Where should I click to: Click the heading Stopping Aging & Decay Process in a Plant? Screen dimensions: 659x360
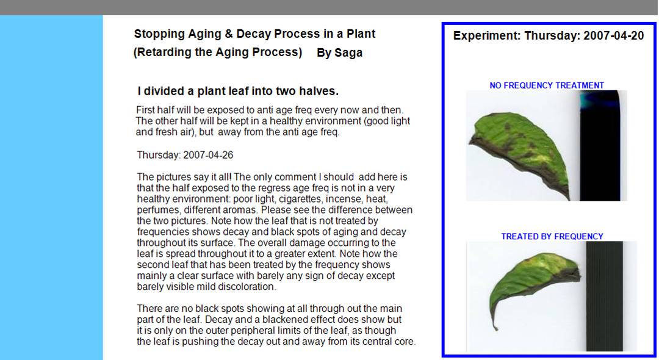tap(254, 34)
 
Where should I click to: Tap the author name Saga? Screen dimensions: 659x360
tap(348, 53)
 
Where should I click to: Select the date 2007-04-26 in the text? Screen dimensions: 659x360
tap(208, 155)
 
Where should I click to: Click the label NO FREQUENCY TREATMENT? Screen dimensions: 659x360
tap(547, 85)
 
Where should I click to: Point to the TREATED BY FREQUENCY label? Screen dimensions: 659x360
tap(552, 237)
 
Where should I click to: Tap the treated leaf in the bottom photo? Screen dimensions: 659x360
tap(534, 286)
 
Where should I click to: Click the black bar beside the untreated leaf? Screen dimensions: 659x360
tap(600, 145)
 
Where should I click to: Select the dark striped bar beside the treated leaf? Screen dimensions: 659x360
tap(604, 296)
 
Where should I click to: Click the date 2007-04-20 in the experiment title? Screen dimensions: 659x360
tap(614, 36)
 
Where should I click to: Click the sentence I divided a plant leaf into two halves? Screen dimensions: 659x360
tap(238, 91)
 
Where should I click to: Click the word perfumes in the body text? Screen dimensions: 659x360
tap(156, 210)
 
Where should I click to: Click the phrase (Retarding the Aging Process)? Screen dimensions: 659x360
tap(218, 52)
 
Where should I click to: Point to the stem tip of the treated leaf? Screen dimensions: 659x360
tap(495, 328)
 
